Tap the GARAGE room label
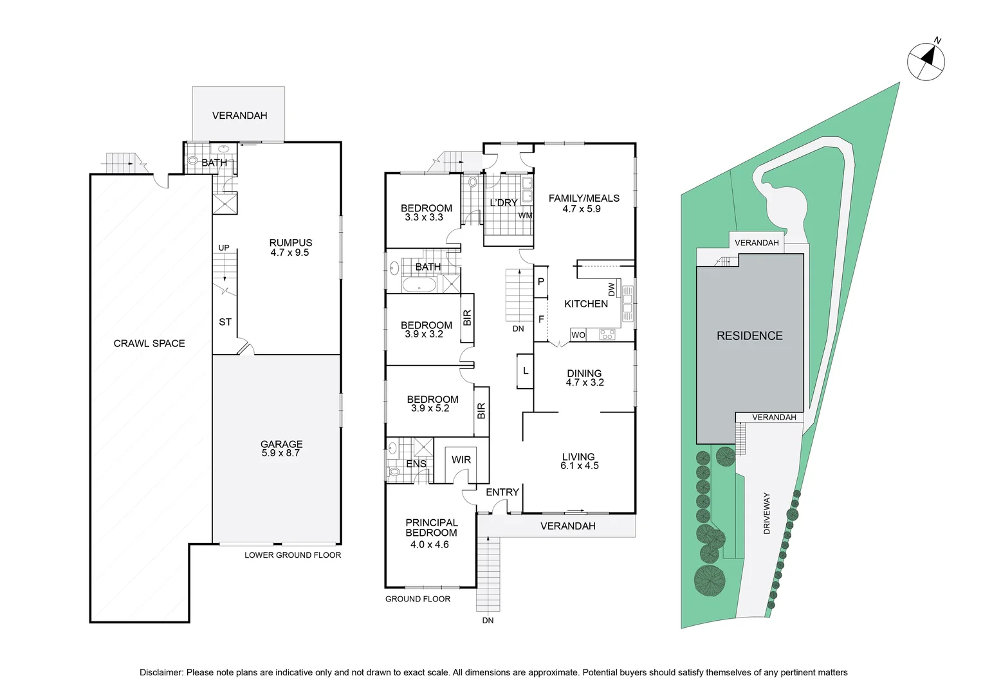click(x=281, y=443)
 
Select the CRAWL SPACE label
click(x=149, y=343)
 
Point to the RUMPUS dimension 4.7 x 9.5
click(x=289, y=253)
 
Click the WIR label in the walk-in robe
click(x=461, y=459)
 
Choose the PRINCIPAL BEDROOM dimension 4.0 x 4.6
click(x=430, y=544)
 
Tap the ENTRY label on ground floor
click(x=502, y=492)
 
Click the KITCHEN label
click(x=586, y=304)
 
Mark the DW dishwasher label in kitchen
click(x=612, y=289)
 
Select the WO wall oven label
click(x=578, y=335)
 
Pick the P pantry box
click(x=540, y=282)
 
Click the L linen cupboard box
click(x=526, y=371)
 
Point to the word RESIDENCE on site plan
click(x=749, y=336)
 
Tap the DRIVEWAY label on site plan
click(x=767, y=513)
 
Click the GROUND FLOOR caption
click(x=418, y=599)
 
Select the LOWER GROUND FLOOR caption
click(x=293, y=555)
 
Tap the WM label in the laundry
click(x=526, y=215)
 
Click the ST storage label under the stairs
click(x=225, y=322)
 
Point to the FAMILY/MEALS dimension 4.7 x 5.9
click(x=582, y=209)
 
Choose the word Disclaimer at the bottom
click(x=161, y=673)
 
